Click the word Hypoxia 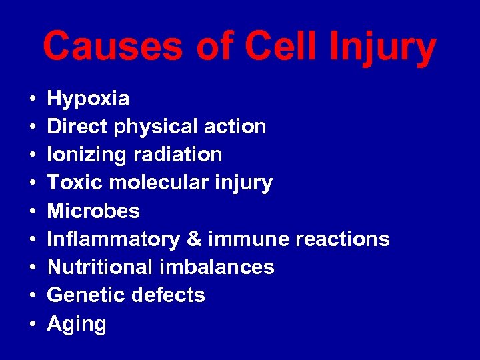(89, 99)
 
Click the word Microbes (93, 211)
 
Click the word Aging (77, 325)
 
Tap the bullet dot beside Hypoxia (33, 99)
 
